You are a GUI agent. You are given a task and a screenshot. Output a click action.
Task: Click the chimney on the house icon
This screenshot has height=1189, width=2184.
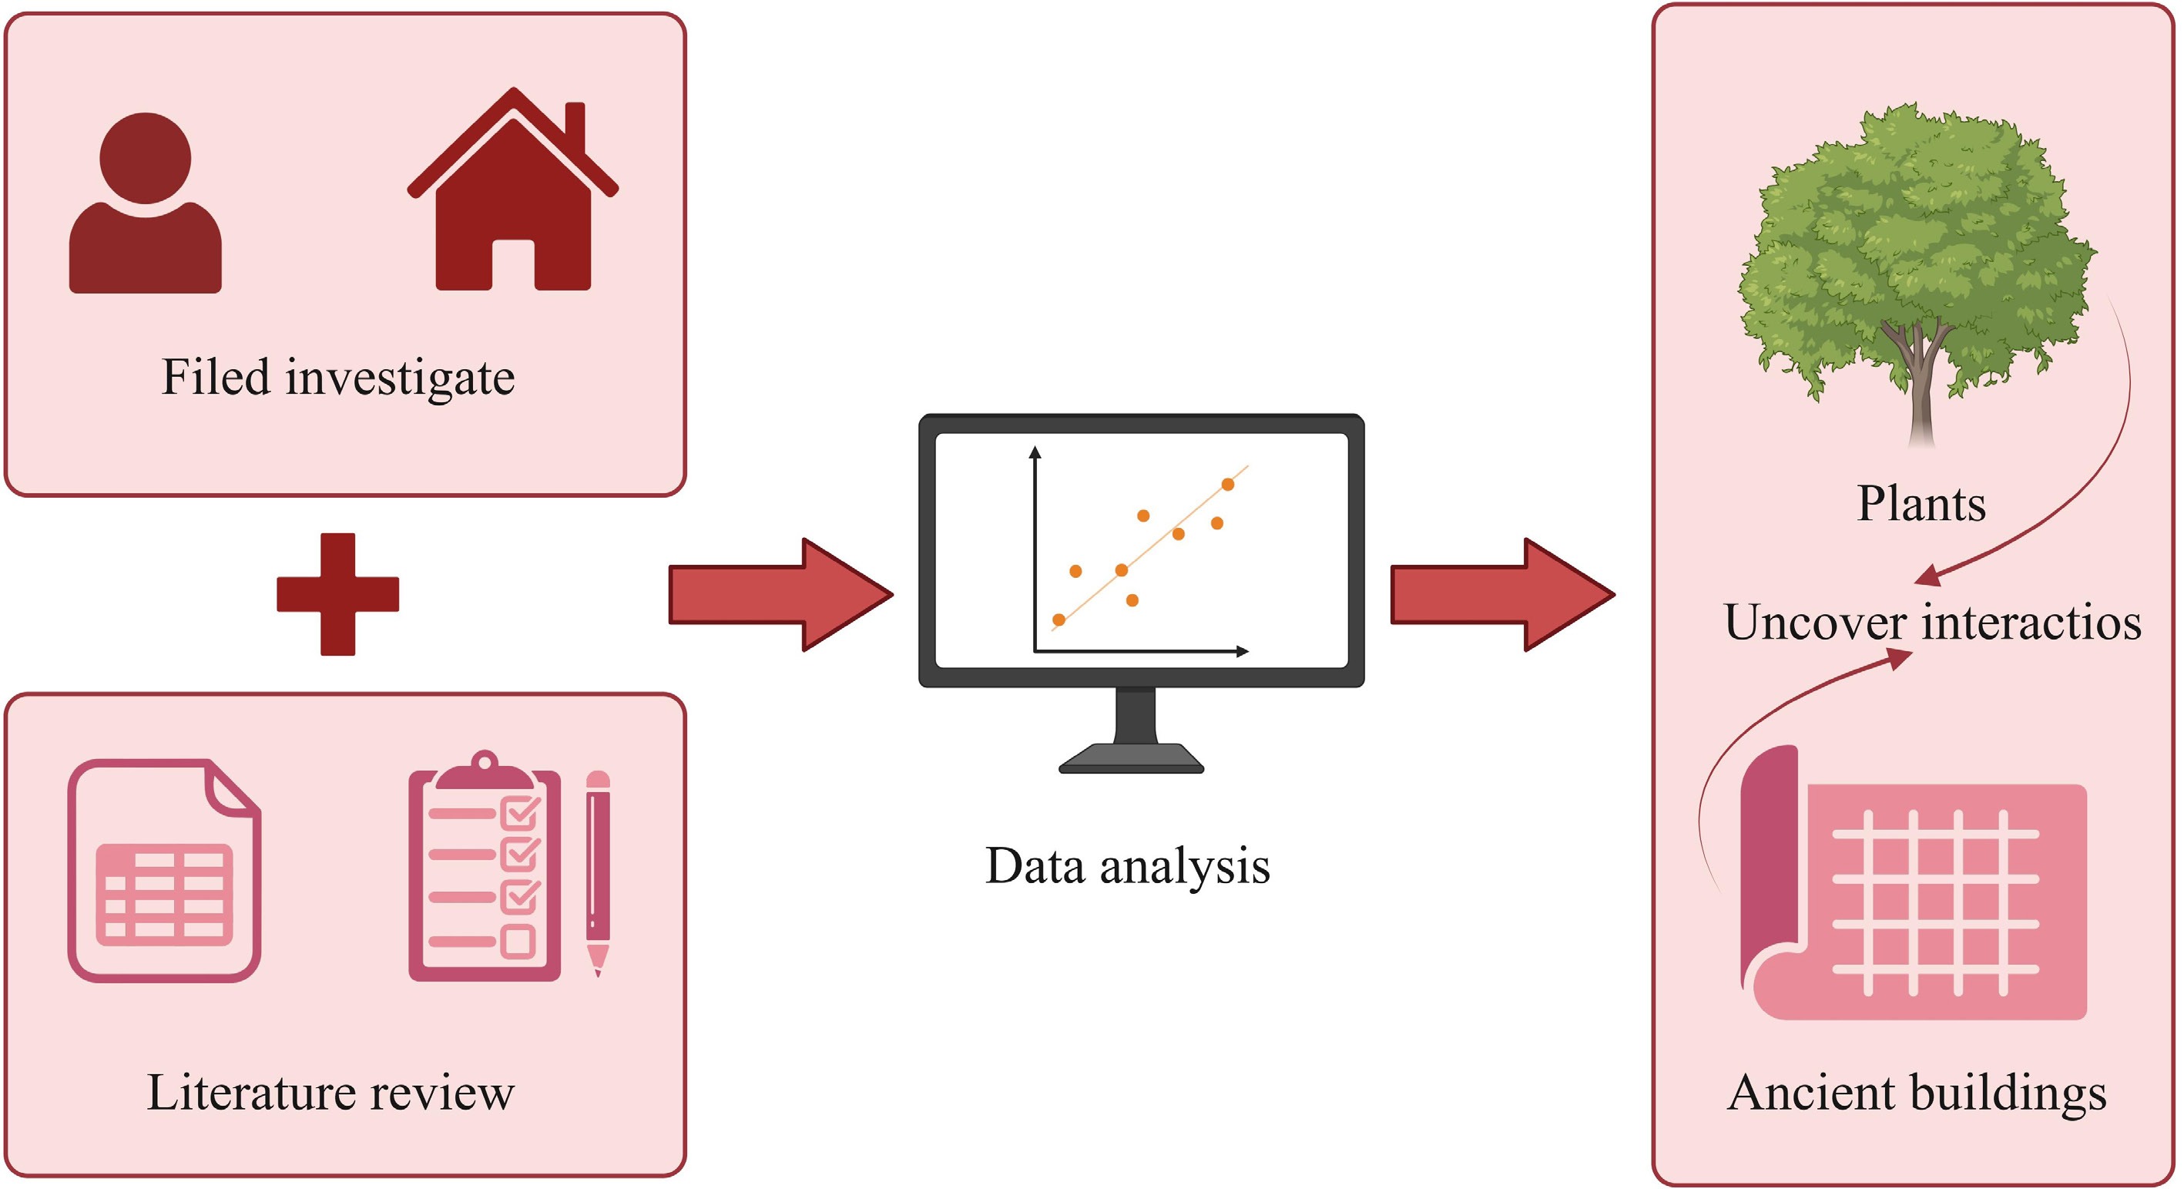pos(575,127)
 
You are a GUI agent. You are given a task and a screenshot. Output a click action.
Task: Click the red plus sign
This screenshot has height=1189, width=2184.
pos(337,593)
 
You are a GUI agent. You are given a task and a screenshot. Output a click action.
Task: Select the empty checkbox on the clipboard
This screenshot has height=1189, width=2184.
pos(518,941)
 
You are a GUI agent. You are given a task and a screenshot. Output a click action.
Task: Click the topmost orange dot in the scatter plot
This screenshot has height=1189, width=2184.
pos(1228,484)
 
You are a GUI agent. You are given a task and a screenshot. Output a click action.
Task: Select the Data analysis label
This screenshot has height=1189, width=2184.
pos(1128,866)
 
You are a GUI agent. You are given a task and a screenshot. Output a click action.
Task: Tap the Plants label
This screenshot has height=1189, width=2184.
pos(1921,504)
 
